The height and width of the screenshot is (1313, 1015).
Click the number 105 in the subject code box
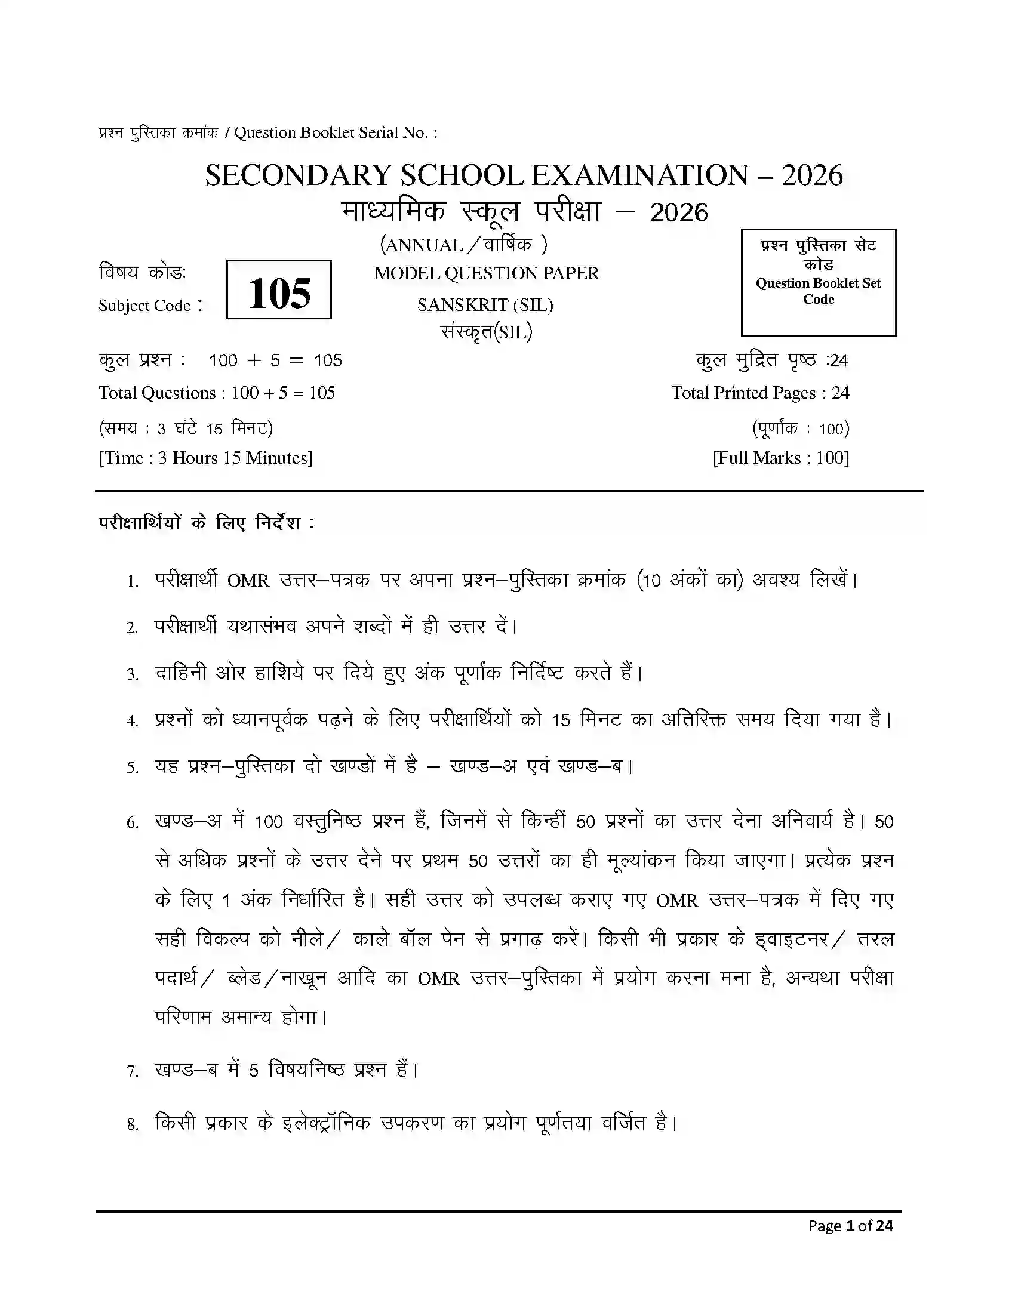click(278, 293)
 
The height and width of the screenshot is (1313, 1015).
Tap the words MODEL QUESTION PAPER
click(486, 273)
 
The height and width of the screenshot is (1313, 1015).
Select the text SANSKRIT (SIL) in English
click(485, 306)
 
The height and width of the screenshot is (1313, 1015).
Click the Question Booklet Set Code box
click(818, 282)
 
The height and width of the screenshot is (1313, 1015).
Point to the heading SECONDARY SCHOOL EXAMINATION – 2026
click(523, 175)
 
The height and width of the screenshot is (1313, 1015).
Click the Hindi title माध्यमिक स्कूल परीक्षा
click(472, 212)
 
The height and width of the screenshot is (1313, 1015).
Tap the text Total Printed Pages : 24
click(760, 393)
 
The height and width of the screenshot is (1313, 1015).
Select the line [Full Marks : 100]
click(780, 458)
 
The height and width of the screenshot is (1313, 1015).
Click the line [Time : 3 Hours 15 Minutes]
click(205, 458)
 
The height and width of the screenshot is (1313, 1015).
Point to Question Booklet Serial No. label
click(335, 133)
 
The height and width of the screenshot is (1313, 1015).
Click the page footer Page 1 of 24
click(850, 1226)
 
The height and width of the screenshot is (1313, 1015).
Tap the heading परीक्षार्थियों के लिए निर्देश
click(206, 523)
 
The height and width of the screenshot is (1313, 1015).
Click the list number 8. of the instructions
click(133, 1124)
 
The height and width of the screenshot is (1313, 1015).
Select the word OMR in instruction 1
click(248, 581)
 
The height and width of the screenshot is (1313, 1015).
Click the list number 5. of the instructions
click(133, 768)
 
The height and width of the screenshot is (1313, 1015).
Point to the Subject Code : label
click(150, 306)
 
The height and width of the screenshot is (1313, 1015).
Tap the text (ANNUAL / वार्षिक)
click(463, 245)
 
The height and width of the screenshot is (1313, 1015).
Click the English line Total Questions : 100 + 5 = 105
click(217, 393)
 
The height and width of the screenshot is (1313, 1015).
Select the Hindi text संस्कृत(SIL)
click(486, 332)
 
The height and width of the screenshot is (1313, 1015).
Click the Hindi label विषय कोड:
click(143, 272)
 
